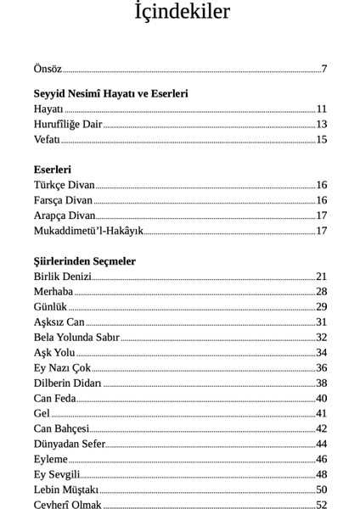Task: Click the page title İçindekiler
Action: [x=182, y=13]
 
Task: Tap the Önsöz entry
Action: [x=48, y=70]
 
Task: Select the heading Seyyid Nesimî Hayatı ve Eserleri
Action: [x=110, y=93]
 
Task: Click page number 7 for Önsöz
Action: [x=324, y=70]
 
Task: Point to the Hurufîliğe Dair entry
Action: [x=68, y=124]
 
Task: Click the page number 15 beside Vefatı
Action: [x=322, y=139]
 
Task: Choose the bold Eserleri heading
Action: [x=53, y=170]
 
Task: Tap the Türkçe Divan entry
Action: [x=65, y=185]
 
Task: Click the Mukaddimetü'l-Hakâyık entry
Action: [x=88, y=231]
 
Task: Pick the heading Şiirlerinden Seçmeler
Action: [x=85, y=261]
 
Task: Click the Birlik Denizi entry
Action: [x=62, y=277]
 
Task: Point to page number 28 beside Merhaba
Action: [x=322, y=292]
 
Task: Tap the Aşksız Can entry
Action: [x=59, y=322]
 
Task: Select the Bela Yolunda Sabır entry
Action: [x=76, y=338]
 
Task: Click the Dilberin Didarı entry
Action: [x=68, y=383]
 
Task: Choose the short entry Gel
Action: [x=42, y=414]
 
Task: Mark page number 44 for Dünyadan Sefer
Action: [x=322, y=445]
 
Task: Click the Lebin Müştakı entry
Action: [x=66, y=490]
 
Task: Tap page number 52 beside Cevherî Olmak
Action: [x=322, y=506]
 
